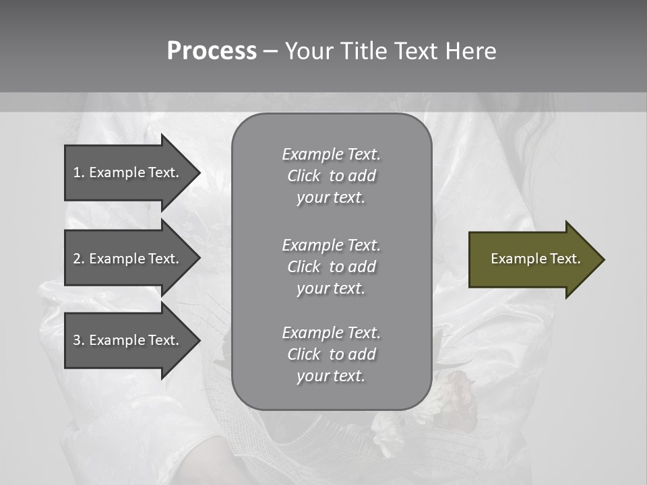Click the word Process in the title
coord(212,51)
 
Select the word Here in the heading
coord(470,51)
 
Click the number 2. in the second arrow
coord(79,259)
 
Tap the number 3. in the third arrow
coord(79,340)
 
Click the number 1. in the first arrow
coord(79,172)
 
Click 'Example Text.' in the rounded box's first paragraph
coord(331,154)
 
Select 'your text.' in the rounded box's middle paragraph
coord(331,288)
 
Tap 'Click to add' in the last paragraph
coord(331,354)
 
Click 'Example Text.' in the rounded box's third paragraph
coord(331,333)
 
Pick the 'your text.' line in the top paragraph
coord(331,198)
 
